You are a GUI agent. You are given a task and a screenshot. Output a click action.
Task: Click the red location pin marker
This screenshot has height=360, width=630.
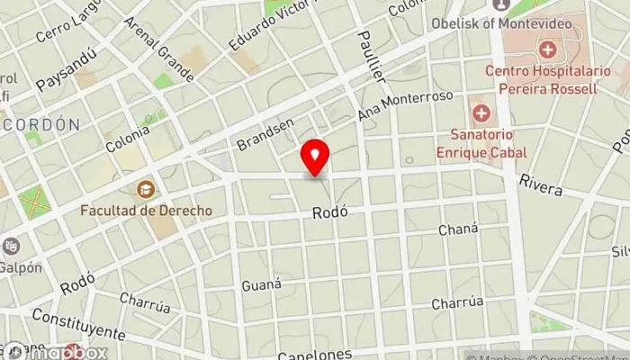[315, 158]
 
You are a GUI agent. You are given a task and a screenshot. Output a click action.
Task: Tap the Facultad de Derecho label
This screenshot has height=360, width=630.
[146, 211]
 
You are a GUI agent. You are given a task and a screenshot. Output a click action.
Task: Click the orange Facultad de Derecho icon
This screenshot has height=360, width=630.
[145, 190]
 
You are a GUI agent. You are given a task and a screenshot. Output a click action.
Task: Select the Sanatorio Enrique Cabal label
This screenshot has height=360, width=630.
[481, 145]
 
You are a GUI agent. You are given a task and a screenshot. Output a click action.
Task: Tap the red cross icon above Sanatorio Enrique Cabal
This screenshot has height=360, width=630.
[481, 114]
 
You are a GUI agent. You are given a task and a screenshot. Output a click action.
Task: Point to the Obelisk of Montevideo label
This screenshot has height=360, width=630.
[514, 23]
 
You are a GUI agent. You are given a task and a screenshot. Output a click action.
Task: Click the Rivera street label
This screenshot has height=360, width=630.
[540, 185]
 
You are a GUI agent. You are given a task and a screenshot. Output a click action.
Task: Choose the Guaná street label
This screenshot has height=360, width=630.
[261, 285]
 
